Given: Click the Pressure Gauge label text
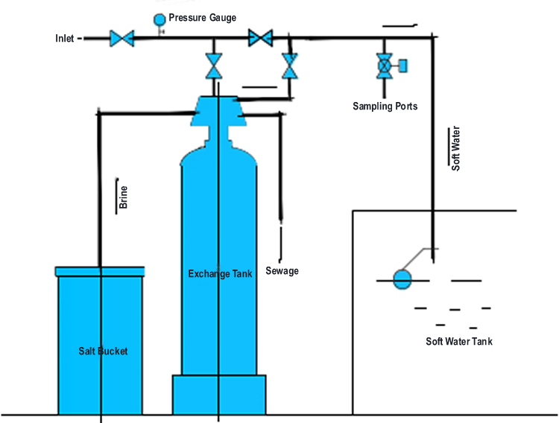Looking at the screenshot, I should [203, 17].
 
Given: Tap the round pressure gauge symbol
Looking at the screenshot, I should [160, 19].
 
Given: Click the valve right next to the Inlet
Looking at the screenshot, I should [120, 38].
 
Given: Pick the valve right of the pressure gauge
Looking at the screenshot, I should [260, 37].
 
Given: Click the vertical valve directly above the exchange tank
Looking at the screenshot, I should [214, 66].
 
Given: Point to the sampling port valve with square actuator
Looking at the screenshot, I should [385, 66].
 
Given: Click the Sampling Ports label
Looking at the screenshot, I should [385, 106].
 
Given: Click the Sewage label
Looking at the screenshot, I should [282, 270].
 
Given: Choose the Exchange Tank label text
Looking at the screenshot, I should [220, 274].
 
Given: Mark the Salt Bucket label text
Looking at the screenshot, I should [104, 351].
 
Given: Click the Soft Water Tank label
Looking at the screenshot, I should [459, 342].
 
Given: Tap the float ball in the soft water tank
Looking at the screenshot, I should [402, 279].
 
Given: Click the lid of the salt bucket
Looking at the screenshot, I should [100, 271].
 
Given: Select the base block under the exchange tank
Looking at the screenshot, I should [219, 394].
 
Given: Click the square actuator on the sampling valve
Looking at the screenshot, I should [403, 66].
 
